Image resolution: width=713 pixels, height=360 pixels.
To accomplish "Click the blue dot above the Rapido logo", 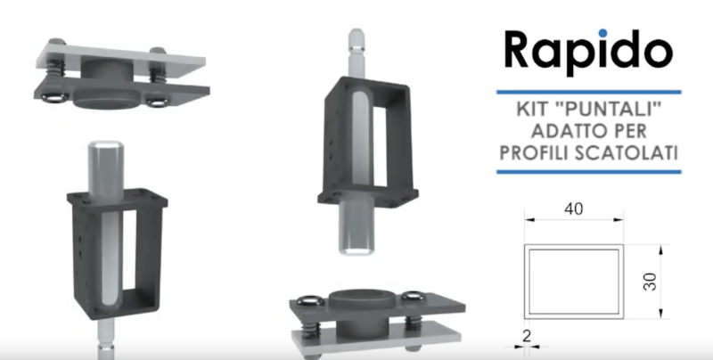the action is click(x=603, y=33).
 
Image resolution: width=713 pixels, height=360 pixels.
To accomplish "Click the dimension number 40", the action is click(x=573, y=209).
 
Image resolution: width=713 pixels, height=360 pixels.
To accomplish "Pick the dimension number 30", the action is click(x=651, y=282).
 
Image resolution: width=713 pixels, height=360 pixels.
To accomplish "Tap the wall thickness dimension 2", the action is click(x=527, y=336).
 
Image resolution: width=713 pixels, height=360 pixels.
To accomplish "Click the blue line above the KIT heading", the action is click(x=589, y=93).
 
